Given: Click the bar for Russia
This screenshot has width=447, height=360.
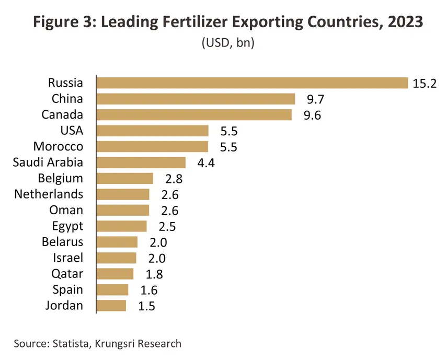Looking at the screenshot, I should point(252,83).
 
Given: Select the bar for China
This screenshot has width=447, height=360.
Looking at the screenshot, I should point(196,99).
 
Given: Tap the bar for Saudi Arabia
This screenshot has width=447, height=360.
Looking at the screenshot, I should point(141,162).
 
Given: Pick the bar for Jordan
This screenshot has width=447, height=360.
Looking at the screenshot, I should point(111,306).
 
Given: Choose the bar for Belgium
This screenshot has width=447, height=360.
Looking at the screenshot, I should point(125,178).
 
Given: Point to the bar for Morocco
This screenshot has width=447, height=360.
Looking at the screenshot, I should point(153,146).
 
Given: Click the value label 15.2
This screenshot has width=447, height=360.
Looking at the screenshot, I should point(424,84).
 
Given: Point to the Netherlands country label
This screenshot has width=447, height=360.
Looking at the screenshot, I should point(49,194).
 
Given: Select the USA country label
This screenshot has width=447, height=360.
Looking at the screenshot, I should point(72,131).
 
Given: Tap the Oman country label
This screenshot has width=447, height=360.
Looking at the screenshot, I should point(66,210).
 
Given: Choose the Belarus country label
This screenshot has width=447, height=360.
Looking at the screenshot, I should point(62,242).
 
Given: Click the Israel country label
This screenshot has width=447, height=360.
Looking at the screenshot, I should point(68,258).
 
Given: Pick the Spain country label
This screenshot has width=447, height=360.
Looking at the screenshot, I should point(67,289).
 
